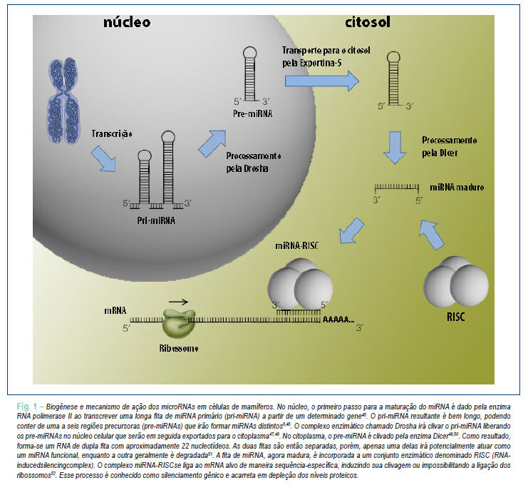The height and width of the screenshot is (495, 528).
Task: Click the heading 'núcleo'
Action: (127, 22)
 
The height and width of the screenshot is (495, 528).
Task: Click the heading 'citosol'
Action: (368, 22)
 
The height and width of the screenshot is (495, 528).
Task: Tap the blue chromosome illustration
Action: (63, 101)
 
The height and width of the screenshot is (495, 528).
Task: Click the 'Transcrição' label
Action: (112, 134)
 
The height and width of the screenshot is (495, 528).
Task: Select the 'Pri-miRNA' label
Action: (156, 220)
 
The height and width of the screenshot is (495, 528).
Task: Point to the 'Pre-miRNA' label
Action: (252, 113)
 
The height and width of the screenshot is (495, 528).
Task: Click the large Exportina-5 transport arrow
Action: (322, 81)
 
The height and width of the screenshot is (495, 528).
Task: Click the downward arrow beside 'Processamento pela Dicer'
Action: (395, 148)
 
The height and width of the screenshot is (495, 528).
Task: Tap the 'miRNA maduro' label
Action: (457, 188)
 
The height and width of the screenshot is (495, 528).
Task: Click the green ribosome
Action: (178, 324)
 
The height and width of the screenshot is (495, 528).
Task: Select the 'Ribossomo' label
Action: (178, 348)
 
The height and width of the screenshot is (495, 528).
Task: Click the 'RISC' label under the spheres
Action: (455, 317)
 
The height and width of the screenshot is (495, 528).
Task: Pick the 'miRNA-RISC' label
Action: (296, 245)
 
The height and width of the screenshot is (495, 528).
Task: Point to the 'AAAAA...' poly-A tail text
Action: (338, 320)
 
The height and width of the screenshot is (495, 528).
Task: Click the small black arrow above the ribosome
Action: (178, 302)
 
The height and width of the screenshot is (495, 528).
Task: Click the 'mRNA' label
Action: (115, 310)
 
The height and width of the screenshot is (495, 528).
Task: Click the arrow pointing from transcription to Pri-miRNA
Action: (104, 159)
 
